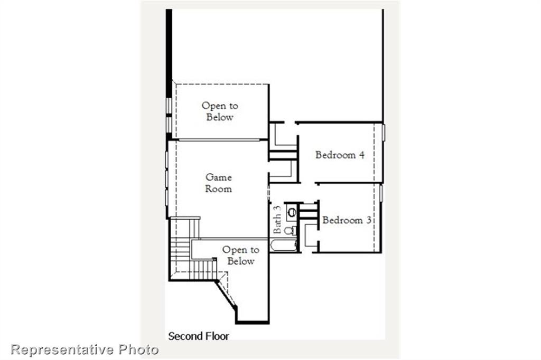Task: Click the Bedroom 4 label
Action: point(340,155)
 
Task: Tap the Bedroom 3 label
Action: point(346,220)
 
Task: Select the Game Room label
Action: point(219,183)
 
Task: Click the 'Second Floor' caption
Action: point(199,336)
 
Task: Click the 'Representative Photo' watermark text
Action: point(85,349)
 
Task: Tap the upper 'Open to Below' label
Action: point(220,111)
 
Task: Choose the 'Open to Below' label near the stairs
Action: point(240,255)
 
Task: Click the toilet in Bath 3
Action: point(289,231)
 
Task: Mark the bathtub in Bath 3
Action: point(284,245)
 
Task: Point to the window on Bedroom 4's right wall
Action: point(383,132)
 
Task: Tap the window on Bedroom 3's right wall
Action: point(380,193)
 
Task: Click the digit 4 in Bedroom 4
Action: point(361,155)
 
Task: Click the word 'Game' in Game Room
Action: point(219,178)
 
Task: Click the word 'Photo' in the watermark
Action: point(138,349)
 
